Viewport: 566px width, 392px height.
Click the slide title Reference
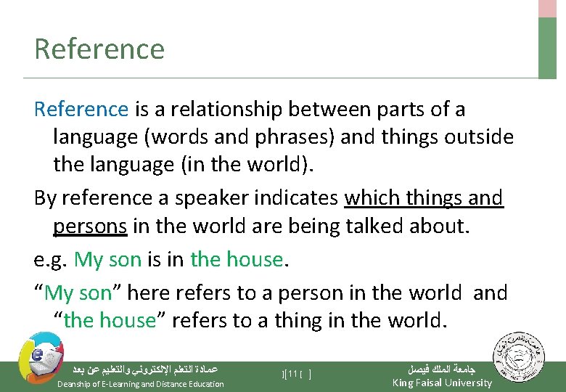[x=99, y=49]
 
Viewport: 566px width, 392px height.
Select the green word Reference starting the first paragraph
[x=81, y=110]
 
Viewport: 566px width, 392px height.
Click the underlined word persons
[x=90, y=226]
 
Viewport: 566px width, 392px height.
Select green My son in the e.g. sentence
[x=107, y=259]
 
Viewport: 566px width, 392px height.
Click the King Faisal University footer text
[x=441, y=383]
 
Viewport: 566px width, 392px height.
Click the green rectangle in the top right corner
[x=547, y=47]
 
